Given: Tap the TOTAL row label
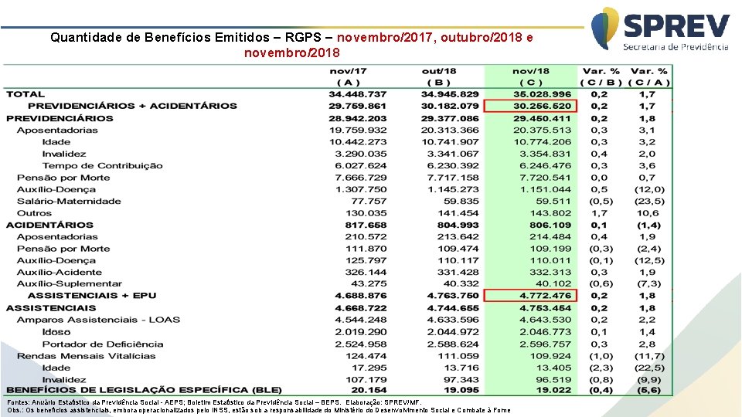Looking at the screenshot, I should [x=25, y=94].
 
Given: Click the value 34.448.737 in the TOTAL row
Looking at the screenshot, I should [x=357, y=94].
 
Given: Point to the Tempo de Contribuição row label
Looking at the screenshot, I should [x=102, y=165].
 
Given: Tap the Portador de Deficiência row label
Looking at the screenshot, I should [x=103, y=344].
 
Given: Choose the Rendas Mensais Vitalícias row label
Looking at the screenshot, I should [x=86, y=356].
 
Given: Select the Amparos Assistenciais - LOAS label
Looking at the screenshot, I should [x=98, y=320].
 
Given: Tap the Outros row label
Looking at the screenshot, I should [x=34, y=213].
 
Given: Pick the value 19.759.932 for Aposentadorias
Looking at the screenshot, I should [x=357, y=130].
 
